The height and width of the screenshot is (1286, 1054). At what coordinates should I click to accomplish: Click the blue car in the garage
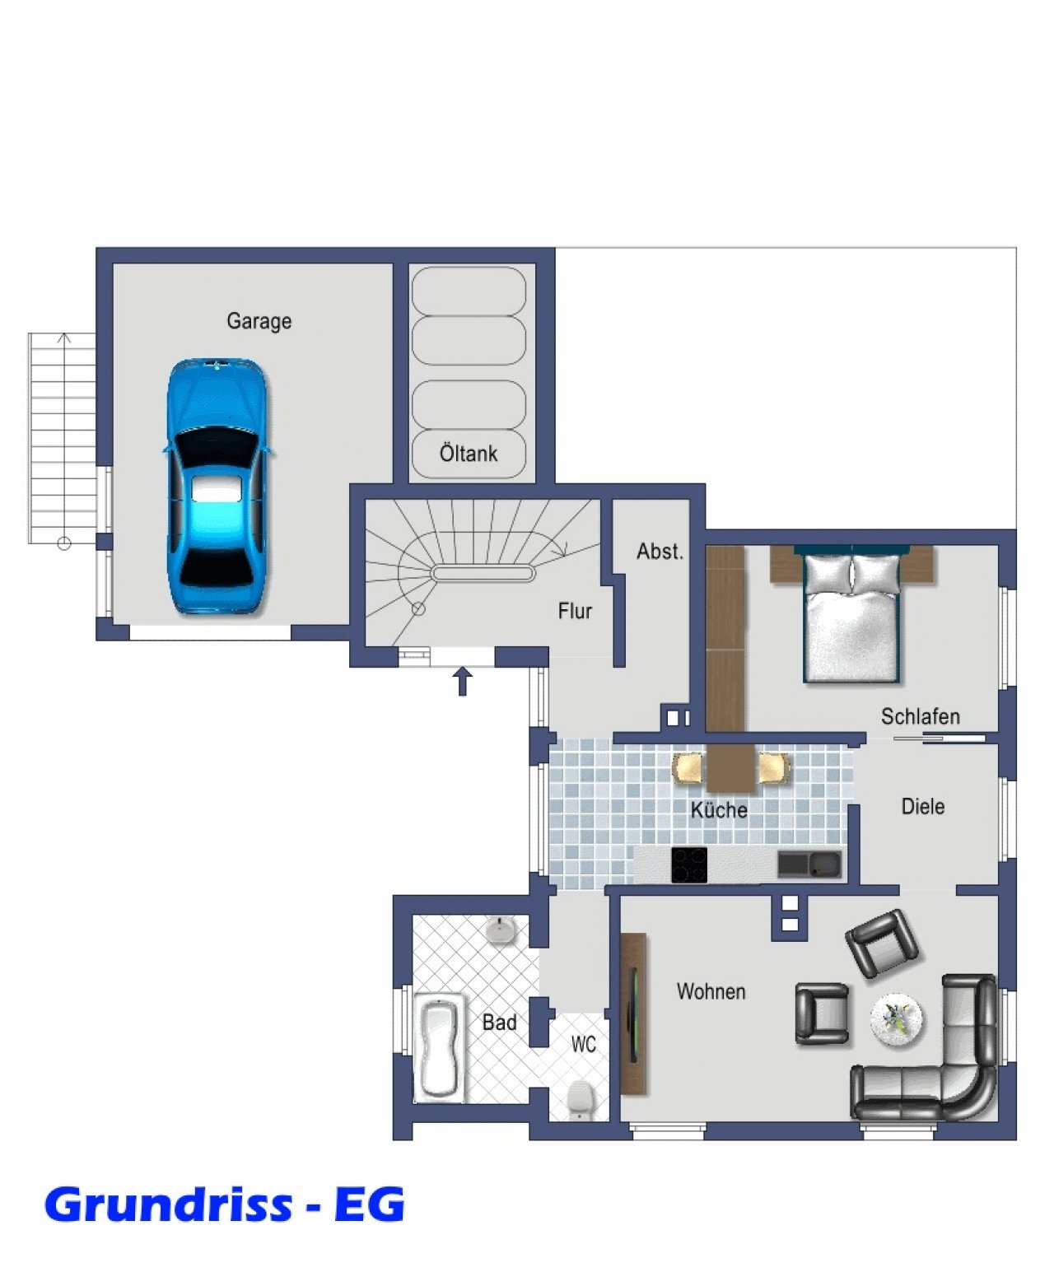217,486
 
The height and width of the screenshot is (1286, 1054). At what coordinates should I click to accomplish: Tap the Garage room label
259,321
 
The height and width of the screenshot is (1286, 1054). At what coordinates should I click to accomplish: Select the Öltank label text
469,453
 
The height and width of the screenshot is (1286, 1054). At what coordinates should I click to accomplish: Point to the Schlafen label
921,716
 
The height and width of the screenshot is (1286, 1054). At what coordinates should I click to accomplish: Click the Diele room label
923,807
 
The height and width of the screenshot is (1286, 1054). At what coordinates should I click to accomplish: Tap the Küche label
719,810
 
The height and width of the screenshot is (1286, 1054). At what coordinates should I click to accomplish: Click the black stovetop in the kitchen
689,864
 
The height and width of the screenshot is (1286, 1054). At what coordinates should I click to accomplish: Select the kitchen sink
809,864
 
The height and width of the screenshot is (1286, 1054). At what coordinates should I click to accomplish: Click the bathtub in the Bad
439,1048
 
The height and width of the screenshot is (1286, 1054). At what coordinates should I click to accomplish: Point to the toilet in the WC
579,1099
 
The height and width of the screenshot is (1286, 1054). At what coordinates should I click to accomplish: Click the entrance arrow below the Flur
462,681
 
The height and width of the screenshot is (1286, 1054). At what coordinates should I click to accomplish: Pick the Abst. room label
660,552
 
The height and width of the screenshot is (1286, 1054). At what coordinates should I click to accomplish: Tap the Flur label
575,610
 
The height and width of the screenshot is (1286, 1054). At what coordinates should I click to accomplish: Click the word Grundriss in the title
168,1204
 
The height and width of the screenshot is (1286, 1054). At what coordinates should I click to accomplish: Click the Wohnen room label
711,991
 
